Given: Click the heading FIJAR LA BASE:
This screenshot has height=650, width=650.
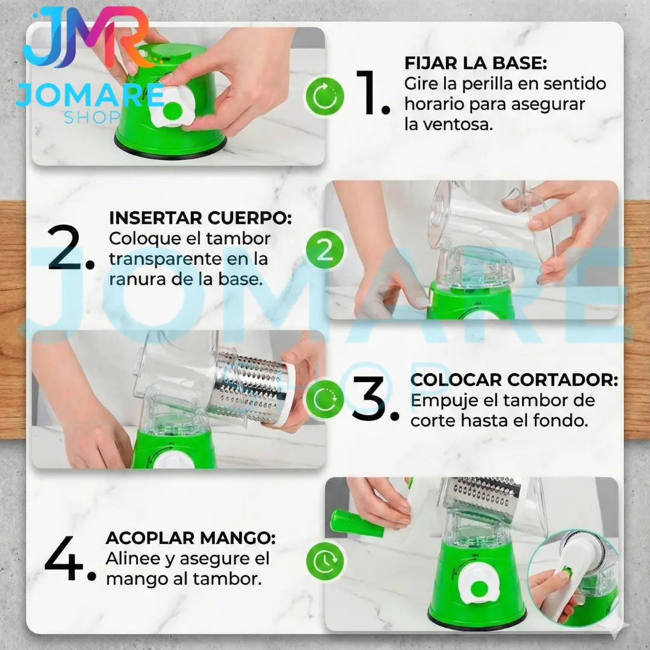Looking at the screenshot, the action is [475, 63].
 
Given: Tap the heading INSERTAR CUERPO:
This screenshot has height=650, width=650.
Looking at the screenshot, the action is [200, 218].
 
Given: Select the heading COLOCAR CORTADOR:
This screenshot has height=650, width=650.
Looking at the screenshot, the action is [514, 380].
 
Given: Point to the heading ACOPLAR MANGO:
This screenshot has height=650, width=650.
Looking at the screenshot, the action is [191, 538].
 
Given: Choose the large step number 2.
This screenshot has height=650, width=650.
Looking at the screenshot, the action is [70, 248].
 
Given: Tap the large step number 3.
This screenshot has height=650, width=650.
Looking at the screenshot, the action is [375, 398].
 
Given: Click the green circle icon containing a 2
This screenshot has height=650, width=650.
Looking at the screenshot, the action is [325, 250].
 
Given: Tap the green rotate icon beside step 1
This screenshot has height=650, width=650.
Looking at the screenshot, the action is [325, 96].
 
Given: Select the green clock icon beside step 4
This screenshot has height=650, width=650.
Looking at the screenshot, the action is [325, 562].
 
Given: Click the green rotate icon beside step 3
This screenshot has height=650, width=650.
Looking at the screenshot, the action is [325, 399].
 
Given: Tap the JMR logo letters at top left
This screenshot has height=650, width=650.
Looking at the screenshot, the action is [86, 37].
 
